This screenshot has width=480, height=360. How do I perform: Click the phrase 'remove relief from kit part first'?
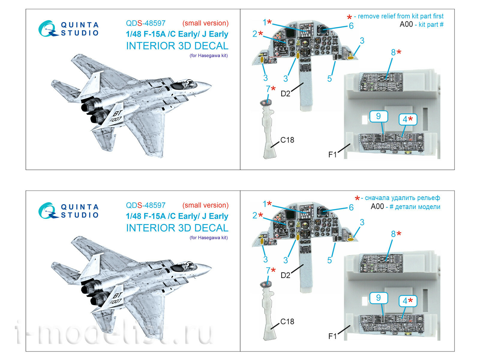400,16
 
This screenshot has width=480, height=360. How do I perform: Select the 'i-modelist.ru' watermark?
114,333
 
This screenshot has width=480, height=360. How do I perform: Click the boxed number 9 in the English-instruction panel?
378,116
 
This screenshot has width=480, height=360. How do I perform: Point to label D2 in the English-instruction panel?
285,94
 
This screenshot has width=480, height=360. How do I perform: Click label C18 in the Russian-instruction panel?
287,322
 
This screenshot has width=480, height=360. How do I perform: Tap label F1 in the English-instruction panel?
332,154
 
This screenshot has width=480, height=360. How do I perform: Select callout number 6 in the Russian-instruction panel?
351,207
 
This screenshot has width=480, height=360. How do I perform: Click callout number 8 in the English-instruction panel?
393,52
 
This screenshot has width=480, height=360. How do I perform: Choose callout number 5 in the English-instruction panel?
329,79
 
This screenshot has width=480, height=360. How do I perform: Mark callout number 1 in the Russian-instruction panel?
265,204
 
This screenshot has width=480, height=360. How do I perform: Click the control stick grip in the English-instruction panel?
266,102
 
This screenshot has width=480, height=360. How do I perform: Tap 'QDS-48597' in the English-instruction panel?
145,23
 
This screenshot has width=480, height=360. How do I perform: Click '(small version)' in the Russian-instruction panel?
205,205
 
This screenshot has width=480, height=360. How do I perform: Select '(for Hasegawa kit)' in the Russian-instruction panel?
208,238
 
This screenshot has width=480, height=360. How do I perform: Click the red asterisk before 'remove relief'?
349,17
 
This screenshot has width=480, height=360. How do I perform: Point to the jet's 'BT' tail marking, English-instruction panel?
117,113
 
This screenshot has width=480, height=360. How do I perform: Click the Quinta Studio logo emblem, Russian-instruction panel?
47,211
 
